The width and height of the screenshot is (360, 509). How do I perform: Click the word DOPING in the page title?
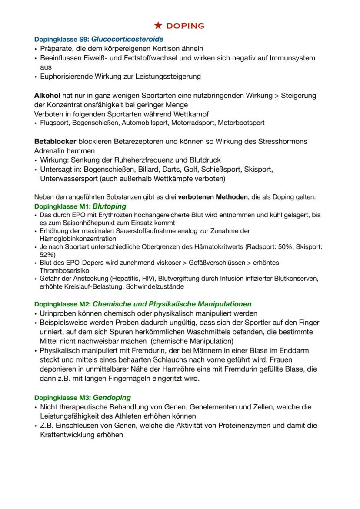tap(186, 26)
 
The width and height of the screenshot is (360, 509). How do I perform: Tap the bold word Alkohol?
tap(47, 95)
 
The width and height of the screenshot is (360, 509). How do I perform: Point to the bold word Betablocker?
tap(55, 142)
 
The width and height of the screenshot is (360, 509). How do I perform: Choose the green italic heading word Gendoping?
tap(112, 397)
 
